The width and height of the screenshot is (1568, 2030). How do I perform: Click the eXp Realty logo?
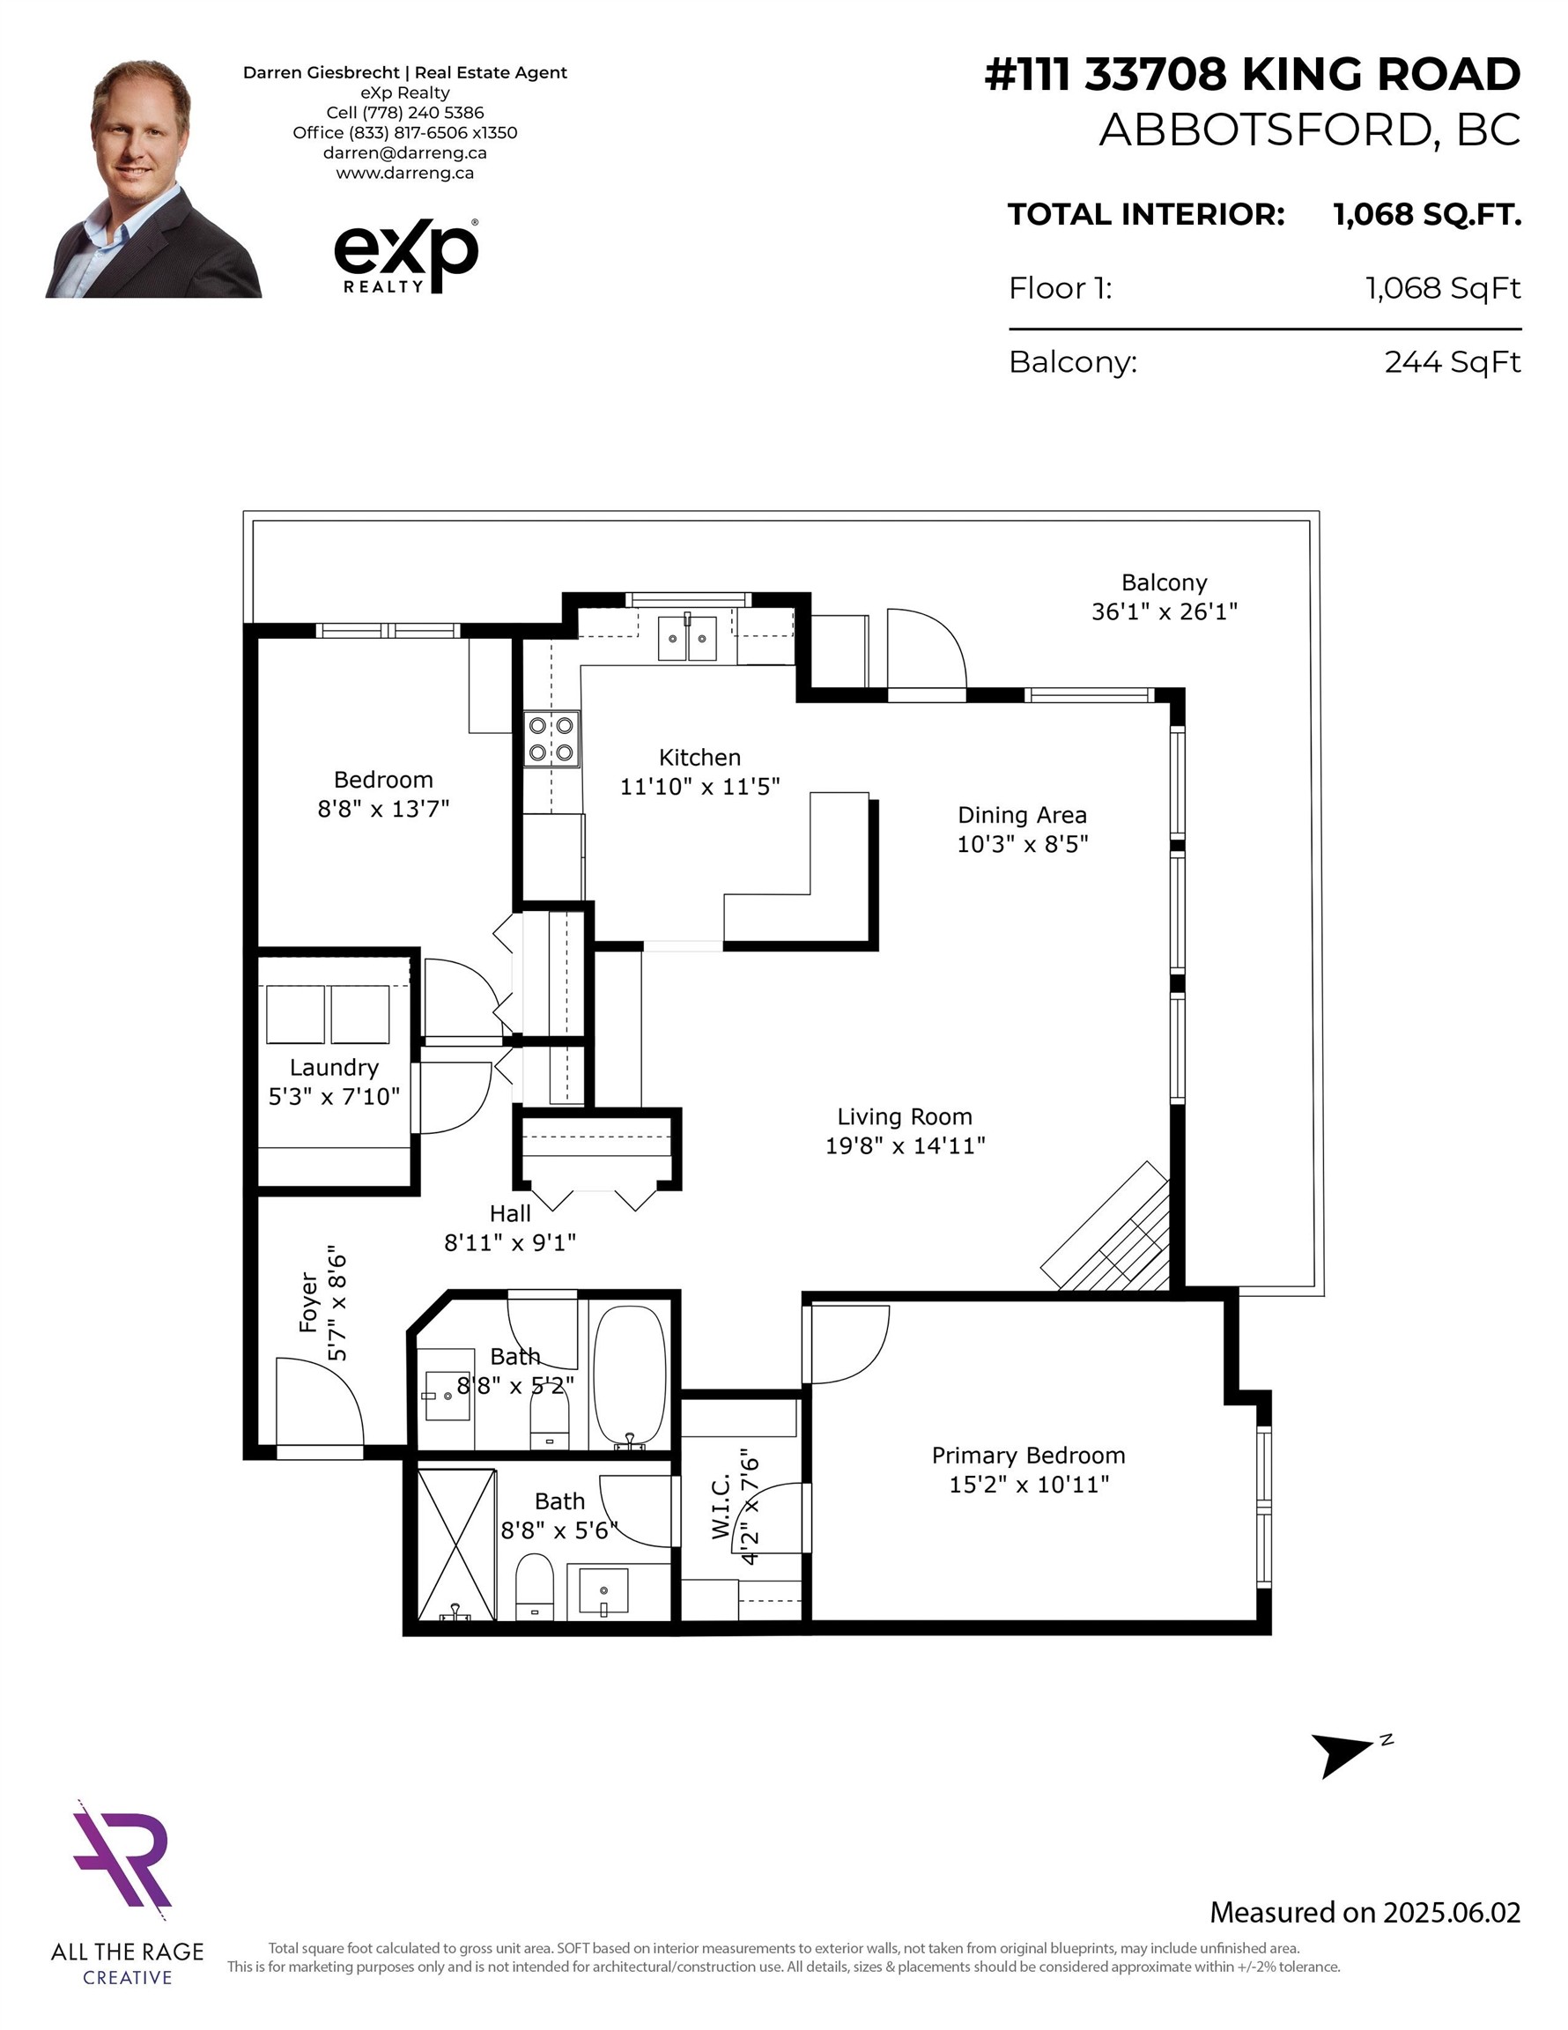coord(406,256)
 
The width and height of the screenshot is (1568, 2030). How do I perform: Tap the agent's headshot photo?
coord(153,179)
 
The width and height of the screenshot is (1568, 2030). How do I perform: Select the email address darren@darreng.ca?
coord(404,152)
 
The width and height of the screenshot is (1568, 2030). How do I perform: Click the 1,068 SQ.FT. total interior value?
coord(1427,215)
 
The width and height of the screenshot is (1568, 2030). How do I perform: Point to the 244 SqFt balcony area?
coord(1453,361)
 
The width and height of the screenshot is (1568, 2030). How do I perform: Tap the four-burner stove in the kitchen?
coord(552,739)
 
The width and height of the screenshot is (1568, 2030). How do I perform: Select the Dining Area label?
coord(1023,815)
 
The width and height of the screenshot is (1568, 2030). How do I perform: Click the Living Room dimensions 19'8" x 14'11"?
coord(906,1145)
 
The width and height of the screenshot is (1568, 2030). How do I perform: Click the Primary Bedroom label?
coord(1028,1456)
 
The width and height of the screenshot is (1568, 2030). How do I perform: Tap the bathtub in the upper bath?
coord(629,1374)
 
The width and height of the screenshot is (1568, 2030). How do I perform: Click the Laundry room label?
coord(334,1068)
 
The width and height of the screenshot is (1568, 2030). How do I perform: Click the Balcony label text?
coord(1164,582)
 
